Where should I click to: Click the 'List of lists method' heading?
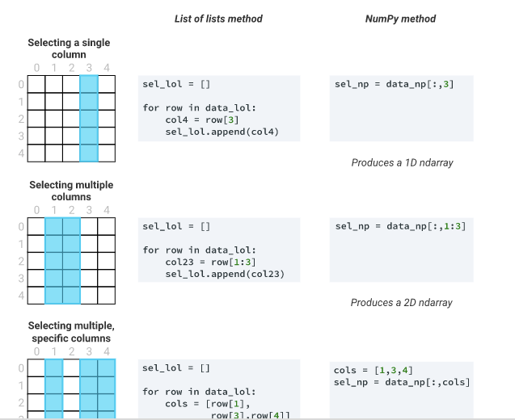(x=218, y=19)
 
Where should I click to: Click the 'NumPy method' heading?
(x=401, y=19)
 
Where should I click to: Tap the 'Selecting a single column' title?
(x=69, y=48)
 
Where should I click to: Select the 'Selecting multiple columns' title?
(x=71, y=191)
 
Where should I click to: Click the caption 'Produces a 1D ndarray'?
(x=402, y=162)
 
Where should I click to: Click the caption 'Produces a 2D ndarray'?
(x=402, y=303)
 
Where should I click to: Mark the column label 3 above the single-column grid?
(x=88, y=68)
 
